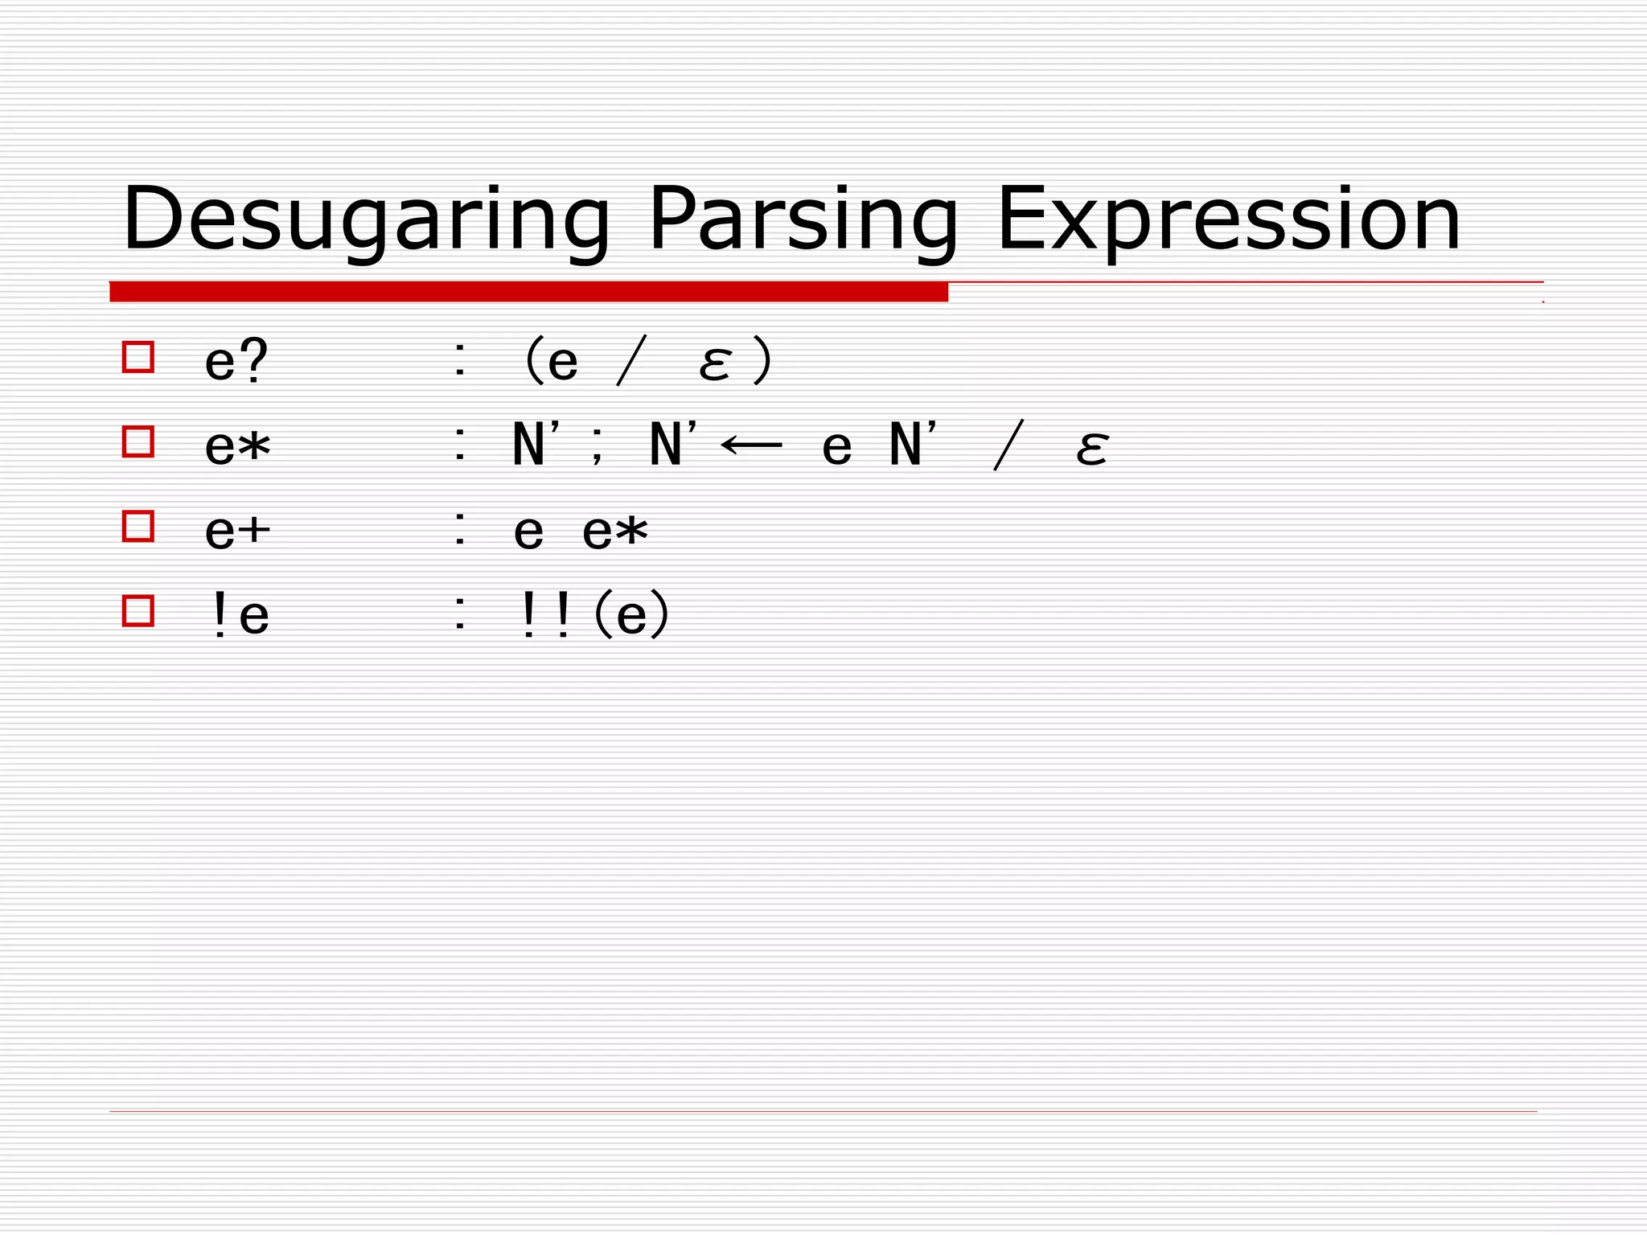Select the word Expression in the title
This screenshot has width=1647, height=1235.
[x=1227, y=220]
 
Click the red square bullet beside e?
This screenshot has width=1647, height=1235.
[x=138, y=356]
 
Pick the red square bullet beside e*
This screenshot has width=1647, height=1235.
[x=138, y=441]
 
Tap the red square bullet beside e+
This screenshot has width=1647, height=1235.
[x=138, y=526]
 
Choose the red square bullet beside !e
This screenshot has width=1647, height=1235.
[x=138, y=610]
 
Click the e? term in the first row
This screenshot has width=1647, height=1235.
[x=236, y=361]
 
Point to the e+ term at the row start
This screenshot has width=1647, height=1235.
[x=237, y=531]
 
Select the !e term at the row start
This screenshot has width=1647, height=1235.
[x=238, y=617]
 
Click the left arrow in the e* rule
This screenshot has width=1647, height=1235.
[x=752, y=445]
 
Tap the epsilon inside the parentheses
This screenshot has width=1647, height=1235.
[x=714, y=363]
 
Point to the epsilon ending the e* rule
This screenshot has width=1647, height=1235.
[x=1091, y=448]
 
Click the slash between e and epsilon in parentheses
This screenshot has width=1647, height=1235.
[x=630, y=362]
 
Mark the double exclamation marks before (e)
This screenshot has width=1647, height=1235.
[x=545, y=616]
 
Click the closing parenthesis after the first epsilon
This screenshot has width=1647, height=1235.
[x=762, y=361]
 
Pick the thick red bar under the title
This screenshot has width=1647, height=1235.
[x=528, y=292]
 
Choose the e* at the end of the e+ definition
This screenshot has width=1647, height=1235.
[x=614, y=531]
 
